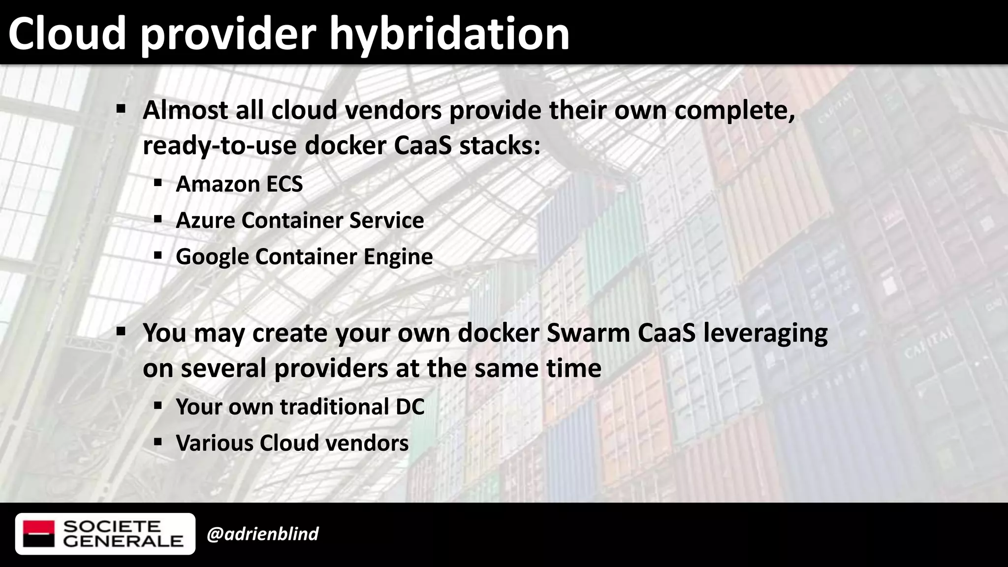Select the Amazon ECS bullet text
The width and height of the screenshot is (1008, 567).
tap(239, 184)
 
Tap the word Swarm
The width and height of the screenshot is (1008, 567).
tap(588, 333)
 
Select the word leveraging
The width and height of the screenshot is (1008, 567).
tap(765, 334)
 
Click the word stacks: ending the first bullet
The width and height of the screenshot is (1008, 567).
tap(500, 146)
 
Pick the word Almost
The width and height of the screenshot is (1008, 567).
tap(186, 110)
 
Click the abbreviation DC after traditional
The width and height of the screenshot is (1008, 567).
tap(409, 407)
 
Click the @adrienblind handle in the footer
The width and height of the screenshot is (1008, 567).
tap(262, 534)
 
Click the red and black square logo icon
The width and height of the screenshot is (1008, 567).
tap(39, 534)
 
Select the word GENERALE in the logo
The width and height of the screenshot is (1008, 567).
tap(123, 541)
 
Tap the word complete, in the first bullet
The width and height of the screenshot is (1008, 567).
tap(734, 110)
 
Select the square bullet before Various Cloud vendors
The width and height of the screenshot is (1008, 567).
tap(157, 442)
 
